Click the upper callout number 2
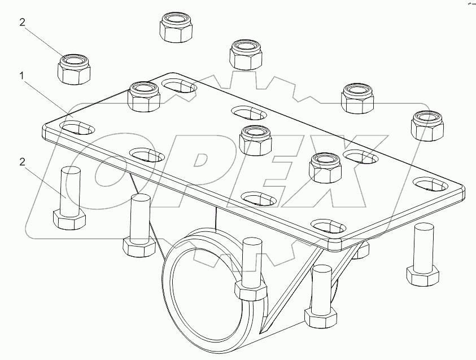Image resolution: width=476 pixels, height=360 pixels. click(22, 23)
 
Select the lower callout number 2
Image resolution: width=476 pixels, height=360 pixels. click(22, 162)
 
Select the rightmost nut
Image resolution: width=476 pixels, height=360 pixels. click(429, 125)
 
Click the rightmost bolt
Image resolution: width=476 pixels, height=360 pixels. click(423, 254)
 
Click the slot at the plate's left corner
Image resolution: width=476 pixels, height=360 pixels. click(78, 127)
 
